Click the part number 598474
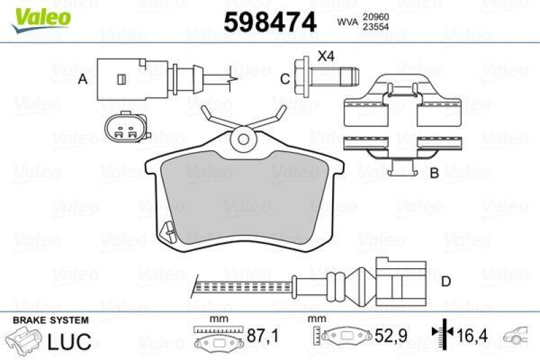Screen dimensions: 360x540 [269, 23]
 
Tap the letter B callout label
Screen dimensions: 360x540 [434, 174]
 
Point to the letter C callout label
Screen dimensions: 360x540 [285, 80]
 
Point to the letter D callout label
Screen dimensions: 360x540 [446, 281]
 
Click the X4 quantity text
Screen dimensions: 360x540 [326, 57]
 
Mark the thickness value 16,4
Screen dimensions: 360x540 [470, 334]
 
